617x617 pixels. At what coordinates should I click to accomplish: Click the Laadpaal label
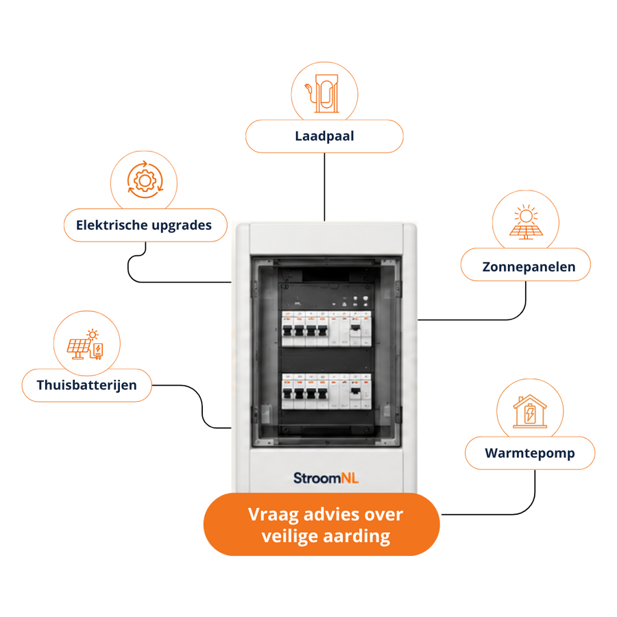pos(324,136)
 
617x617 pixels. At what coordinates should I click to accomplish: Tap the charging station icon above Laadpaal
pos(324,94)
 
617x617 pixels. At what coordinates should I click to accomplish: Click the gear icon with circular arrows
pos(145,180)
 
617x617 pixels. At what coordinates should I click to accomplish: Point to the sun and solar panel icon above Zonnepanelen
pos(526,222)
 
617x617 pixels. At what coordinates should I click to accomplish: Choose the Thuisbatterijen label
pos(86,385)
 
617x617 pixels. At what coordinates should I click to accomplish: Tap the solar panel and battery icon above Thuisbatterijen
pos(86,344)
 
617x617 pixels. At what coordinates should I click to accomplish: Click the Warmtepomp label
pos(530,453)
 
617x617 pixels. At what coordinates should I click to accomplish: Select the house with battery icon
pos(530,411)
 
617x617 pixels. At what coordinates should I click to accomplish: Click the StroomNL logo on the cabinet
pos(326,478)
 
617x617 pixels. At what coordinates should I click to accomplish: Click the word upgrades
pos(182,226)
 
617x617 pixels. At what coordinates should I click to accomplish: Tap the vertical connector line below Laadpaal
pos(325,187)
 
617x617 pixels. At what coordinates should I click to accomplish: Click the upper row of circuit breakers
pos(326,329)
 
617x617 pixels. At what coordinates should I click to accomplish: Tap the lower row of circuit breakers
pos(326,391)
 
